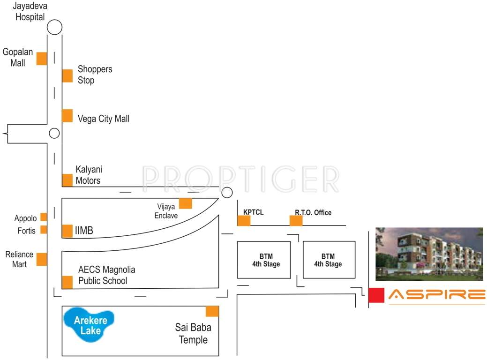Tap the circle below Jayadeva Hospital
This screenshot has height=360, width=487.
[x=55, y=28]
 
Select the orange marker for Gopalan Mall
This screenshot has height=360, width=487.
[x=42, y=59]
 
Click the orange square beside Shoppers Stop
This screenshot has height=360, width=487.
[x=67, y=75]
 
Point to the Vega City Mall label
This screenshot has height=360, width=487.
[x=104, y=119]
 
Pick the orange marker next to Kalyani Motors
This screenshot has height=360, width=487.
[x=67, y=180]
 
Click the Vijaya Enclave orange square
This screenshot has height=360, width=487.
[x=186, y=203]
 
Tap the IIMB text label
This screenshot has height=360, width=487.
[x=84, y=231]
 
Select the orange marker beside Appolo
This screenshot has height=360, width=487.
[x=44, y=217]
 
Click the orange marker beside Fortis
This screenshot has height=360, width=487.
[x=44, y=230]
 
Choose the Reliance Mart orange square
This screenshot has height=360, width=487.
[x=42, y=259]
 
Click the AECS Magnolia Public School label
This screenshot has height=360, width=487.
[x=107, y=276]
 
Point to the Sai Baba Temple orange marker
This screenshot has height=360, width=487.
[x=212, y=311]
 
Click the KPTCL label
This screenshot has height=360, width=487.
[x=253, y=212]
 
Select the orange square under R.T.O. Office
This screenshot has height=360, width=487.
[x=296, y=221]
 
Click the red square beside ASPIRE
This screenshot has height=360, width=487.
[x=376, y=295]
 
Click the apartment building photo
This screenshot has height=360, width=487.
[x=429, y=254]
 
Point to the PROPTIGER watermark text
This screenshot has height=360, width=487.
[x=241, y=179]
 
